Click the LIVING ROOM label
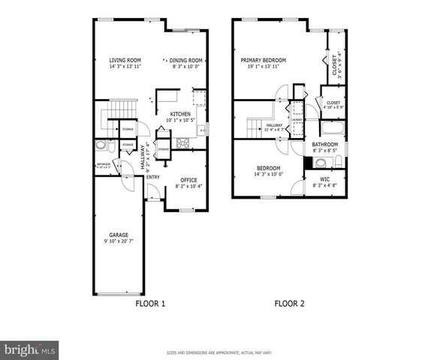click(x=125, y=60)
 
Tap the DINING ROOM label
click(x=185, y=60)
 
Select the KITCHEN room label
click(x=179, y=114)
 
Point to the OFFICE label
click(x=188, y=179)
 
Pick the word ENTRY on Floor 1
click(x=152, y=177)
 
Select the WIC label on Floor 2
click(x=324, y=179)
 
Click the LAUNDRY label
click(x=297, y=118)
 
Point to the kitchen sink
click(x=200, y=130)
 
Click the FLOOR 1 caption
click(x=149, y=304)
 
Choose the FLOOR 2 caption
click(x=289, y=304)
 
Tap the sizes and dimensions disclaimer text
click(x=219, y=352)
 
